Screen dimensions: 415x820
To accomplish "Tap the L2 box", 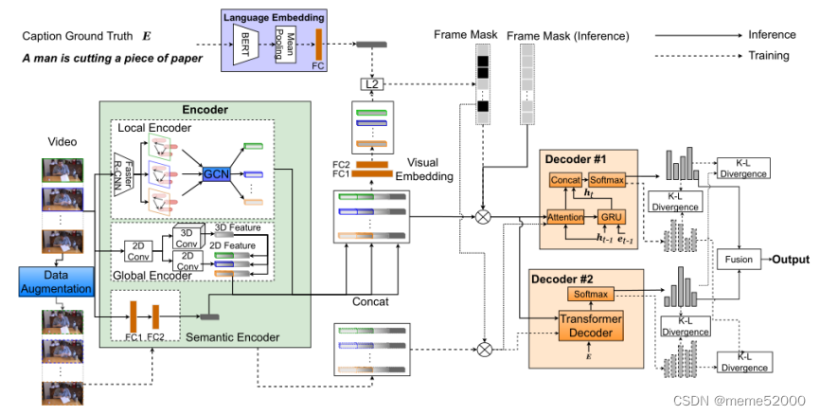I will (371, 84).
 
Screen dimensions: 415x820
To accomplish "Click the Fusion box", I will (740, 259).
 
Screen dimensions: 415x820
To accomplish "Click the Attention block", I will (566, 217).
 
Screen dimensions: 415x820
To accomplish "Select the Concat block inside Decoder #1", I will (566, 180).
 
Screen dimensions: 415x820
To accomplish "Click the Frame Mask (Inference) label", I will (567, 36).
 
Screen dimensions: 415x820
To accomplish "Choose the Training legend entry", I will (768, 55).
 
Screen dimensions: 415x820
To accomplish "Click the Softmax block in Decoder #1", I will (607, 180).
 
